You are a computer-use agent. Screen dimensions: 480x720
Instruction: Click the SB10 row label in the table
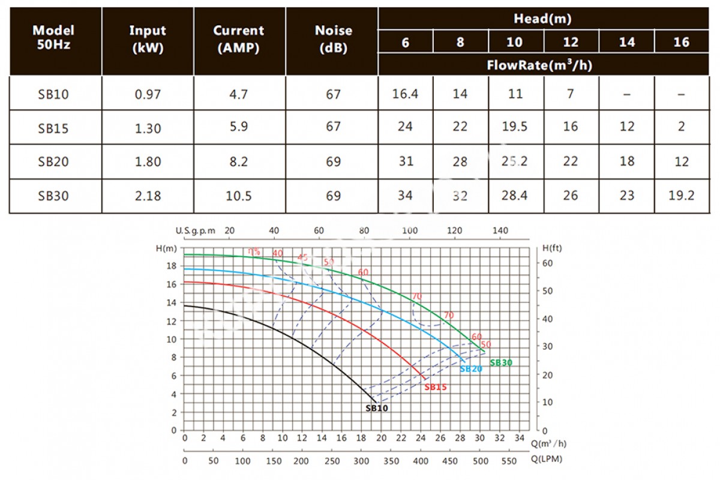pyautogui.click(x=55, y=94)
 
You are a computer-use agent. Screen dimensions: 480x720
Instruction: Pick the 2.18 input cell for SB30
pyautogui.click(x=147, y=196)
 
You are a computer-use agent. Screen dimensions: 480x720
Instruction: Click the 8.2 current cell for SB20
pyautogui.click(x=239, y=161)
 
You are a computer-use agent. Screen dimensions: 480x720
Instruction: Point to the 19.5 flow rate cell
pyautogui.click(x=515, y=127)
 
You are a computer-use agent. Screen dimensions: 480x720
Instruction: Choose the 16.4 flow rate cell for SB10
pyautogui.click(x=405, y=94)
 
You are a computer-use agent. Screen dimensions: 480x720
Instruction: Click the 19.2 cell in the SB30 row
pyautogui.click(x=681, y=196)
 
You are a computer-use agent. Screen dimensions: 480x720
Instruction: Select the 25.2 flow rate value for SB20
pyautogui.click(x=515, y=161)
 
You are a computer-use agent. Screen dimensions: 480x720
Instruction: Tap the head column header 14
pyautogui.click(x=626, y=42)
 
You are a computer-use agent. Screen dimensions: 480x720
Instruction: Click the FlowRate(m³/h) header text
pyautogui.click(x=544, y=65)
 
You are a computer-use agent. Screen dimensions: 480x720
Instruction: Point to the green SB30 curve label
pyautogui.click(x=501, y=363)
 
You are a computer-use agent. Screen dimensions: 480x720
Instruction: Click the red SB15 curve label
pyautogui.click(x=436, y=388)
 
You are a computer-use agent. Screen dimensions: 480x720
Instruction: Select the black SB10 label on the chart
pyautogui.click(x=377, y=408)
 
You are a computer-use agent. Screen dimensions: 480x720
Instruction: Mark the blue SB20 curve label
pyautogui.click(x=471, y=369)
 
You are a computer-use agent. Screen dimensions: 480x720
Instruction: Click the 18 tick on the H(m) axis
pyautogui.click(x=173, y=266)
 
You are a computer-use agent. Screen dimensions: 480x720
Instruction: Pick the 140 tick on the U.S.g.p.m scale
pyautogui.click(x=500, y=231)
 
